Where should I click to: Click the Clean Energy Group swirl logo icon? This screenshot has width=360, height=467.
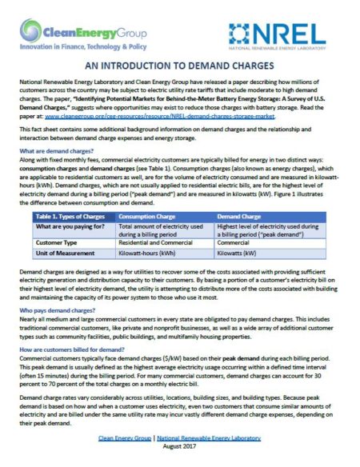(x=30, y=33)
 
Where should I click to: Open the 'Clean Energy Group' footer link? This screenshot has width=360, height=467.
(x=133, y=438)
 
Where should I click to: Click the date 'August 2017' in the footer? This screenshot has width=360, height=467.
(x=179, y=449)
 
